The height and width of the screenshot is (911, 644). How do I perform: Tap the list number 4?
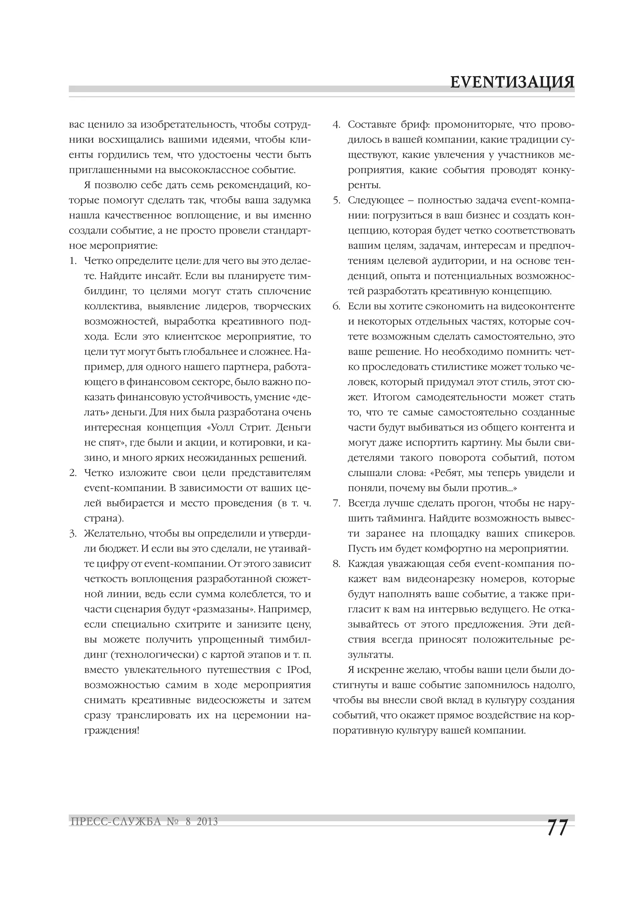click(x=336, y=125)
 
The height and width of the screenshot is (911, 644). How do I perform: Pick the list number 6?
click(x=336, y=306)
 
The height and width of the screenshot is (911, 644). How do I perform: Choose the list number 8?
click(x=336, y=564)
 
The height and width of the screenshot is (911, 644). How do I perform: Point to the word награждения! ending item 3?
click(x=112, y=730)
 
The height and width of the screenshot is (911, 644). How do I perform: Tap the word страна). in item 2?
click(x=104, y=519)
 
